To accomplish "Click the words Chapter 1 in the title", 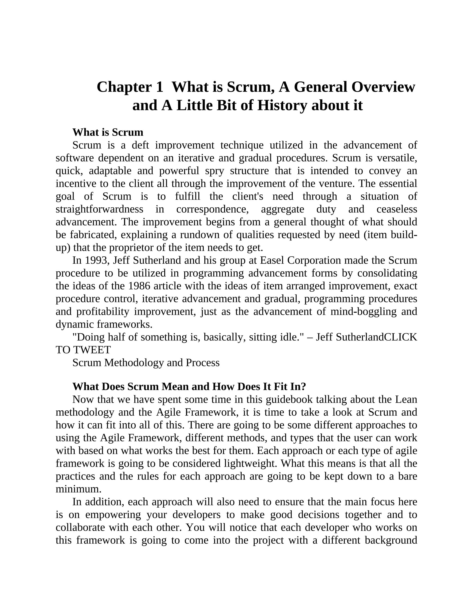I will (130, 87).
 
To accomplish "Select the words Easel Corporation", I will (300, 260).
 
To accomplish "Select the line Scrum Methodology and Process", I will (146, 363).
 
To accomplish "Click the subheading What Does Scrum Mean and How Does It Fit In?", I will (189, 387).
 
